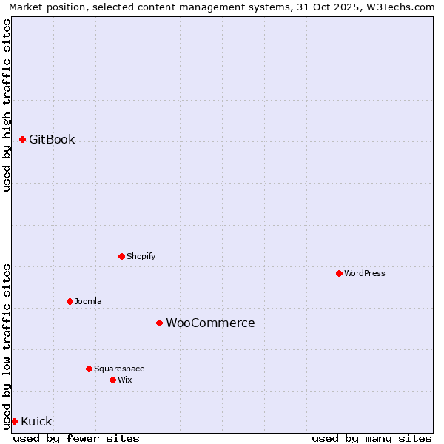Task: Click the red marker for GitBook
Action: [22, 139]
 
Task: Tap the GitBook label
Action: [52, 139]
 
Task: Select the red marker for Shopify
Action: [121, 256]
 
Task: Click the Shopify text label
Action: [141, 256]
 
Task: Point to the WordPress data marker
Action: [339, 273]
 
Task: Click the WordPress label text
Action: [365, 273]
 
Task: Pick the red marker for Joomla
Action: [70, 301]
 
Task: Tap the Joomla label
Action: [88, 301]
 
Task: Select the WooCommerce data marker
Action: [159, 323]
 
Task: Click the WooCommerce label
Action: [210, 323]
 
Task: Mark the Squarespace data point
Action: [89, 369]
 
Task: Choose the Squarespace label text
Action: [119, 369]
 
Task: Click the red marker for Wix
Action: [112, 380]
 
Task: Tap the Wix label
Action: [125, 380]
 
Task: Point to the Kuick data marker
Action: [14, 421]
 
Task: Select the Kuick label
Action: [36, 421]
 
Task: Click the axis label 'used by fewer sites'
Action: [76, 438]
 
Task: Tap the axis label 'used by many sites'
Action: [371, 438]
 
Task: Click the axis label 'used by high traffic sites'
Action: [7, 105]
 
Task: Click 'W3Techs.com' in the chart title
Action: [403, 7]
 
